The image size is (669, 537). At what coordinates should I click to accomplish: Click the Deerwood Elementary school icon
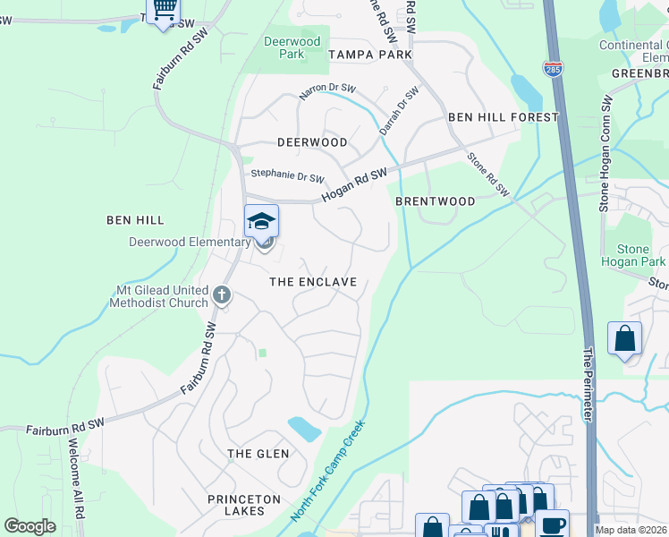point(262,221)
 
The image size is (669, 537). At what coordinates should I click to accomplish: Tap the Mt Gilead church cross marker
point(223,293)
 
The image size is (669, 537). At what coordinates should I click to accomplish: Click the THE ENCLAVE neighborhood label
point(314,282)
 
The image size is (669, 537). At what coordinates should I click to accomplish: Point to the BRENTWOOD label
point(436,201)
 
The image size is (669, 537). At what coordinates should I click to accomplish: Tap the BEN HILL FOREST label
point(503,117)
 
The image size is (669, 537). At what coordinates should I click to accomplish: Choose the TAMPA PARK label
point(370,55)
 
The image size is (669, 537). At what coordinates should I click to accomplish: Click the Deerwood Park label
point(292,47)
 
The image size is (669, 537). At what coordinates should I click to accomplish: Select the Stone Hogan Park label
point(634,255)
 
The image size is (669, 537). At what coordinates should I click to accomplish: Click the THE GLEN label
point(258,454)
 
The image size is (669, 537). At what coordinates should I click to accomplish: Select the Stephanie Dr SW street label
point(287,175)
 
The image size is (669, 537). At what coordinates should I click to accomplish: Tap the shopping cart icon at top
point(163,11)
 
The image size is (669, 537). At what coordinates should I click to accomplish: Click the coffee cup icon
point(552,524)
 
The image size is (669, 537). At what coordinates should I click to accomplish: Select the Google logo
point(30,526)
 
